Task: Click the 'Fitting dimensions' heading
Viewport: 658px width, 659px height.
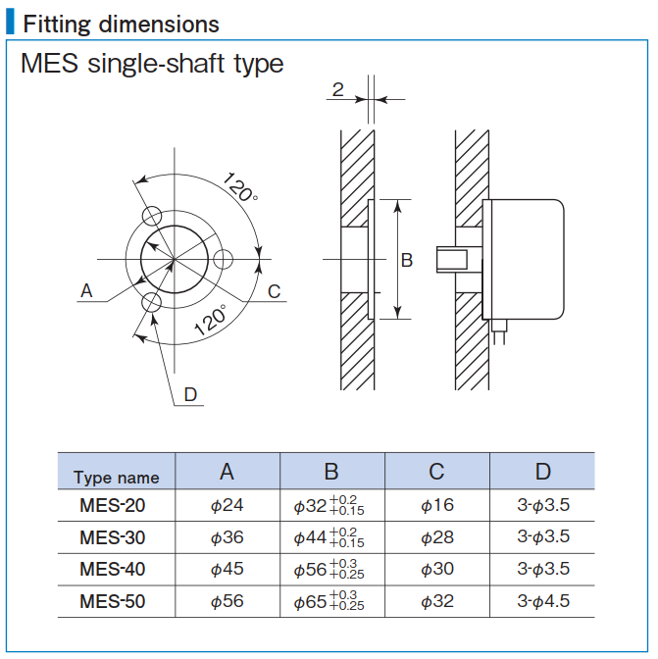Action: coord(121,24)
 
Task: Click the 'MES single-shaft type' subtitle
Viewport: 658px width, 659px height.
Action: coord(152,65)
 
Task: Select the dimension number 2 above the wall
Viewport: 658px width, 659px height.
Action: coord(337,90)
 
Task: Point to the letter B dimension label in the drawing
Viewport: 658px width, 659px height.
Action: coord(407,260)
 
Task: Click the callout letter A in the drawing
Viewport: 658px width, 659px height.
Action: coord(86,290)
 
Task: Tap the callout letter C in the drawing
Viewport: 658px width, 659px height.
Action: coord(275,290)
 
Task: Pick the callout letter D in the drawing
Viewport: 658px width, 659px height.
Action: coord(190,394)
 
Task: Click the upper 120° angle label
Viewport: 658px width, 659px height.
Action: coord(240,186)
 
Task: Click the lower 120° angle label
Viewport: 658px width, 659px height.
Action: coord(210,321)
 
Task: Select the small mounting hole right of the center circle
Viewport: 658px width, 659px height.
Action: coord(224,259)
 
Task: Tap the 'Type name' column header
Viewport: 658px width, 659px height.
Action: coord(116,478)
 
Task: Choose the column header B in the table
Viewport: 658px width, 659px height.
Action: coord(331,472)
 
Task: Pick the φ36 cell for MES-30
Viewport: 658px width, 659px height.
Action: coord(227,537)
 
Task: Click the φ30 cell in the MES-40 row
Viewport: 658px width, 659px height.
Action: coord(436,570)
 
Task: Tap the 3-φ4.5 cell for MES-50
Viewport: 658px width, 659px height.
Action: coord(542,601)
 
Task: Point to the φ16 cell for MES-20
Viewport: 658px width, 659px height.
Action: coord(436,506)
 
